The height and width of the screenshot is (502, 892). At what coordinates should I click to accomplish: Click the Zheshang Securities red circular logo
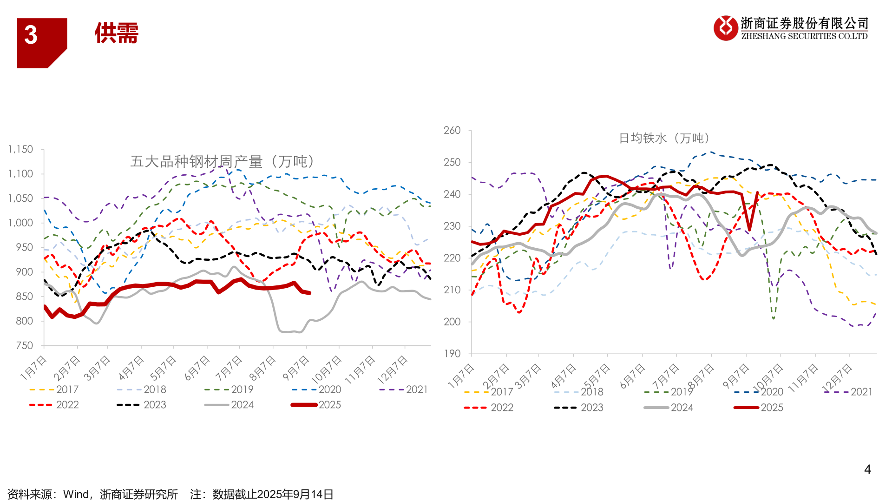coord(726,28)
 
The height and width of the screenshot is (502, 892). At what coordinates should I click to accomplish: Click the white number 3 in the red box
coord(31,35)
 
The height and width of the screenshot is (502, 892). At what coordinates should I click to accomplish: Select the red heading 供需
coord(117,33)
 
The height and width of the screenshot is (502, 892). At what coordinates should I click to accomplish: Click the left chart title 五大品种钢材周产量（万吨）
coord(223,161)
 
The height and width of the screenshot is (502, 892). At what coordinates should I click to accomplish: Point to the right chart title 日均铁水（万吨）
coord(665,138)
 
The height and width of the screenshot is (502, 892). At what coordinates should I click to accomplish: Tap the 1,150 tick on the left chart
coord(21,149)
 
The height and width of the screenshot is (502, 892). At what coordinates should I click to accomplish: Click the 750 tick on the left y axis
coord(25,345)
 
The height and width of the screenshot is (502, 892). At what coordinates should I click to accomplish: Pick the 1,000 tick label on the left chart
coord(21,223)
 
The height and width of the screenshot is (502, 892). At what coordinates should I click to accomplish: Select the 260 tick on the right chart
coord(452,130)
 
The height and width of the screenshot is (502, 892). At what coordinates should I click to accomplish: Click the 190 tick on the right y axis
coord(452,353)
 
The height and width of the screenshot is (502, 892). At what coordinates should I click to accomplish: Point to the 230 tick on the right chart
coord(452,226)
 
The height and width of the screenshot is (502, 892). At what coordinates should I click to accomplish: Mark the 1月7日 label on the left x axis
coord(33,368)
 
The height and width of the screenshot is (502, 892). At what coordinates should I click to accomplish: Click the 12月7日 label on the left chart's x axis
coord(393,370)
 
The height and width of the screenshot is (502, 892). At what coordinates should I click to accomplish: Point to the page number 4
coord(867,469)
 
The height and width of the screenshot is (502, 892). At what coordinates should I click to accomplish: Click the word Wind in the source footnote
coord(76,494)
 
